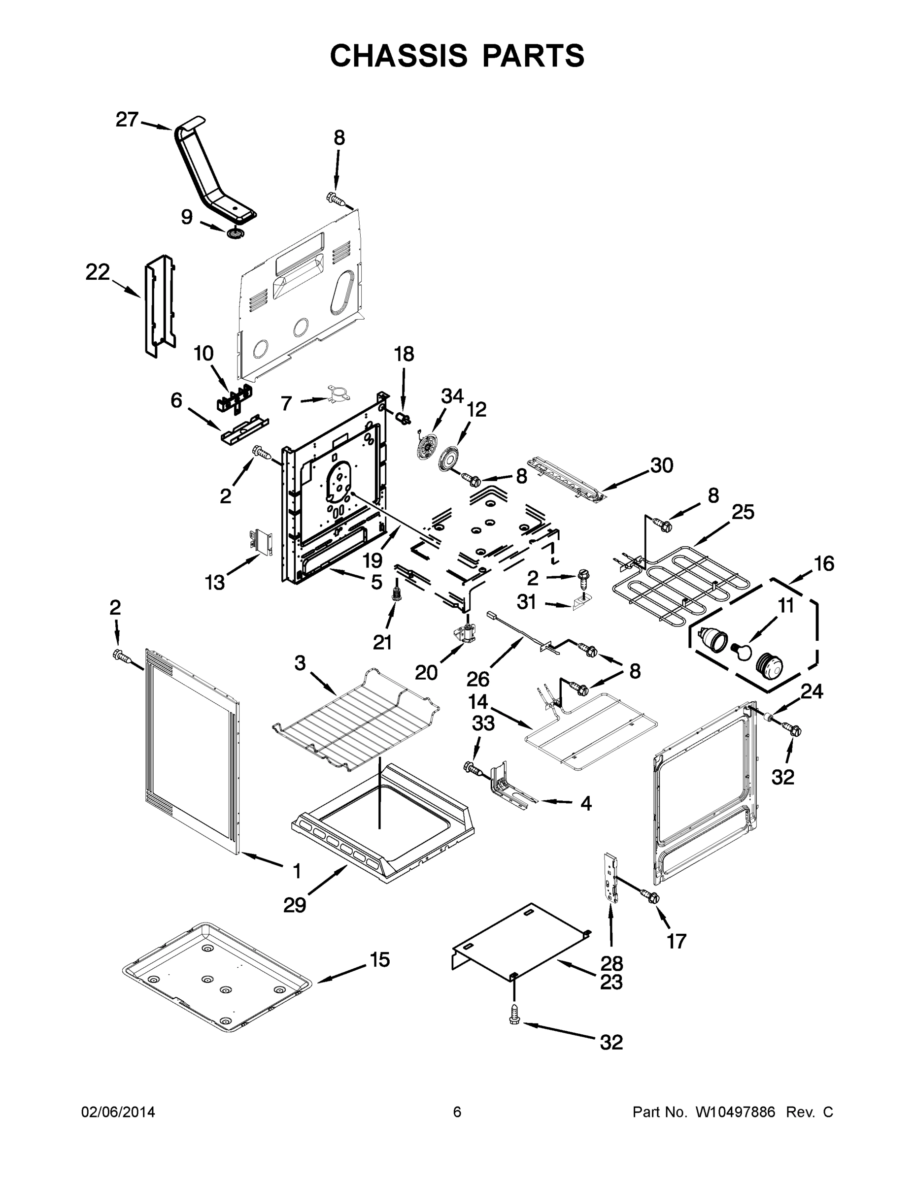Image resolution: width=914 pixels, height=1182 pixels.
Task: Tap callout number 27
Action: point(127,120)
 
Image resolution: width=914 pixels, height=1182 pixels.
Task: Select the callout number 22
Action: point(98,272)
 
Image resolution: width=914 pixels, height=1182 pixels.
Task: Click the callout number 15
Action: point(379,959)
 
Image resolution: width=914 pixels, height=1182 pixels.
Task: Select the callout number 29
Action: point(295,904)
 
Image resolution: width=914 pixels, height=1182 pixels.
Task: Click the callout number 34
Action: point(452,396)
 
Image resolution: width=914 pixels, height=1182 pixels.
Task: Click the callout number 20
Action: point(426,672)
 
